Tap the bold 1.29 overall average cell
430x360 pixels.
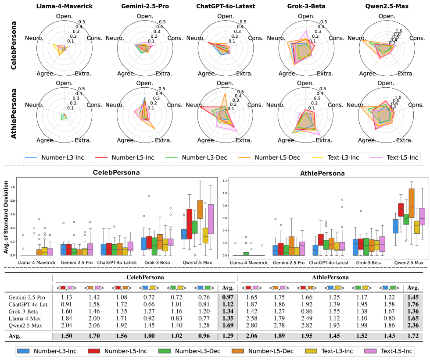(x=226, y=336)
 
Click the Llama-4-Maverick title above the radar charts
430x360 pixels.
(x=64, y=6)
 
